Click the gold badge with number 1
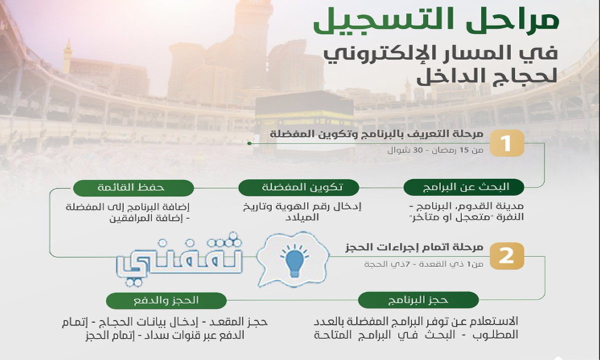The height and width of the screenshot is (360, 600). [x=507, y=143]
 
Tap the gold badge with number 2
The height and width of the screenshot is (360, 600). [x=507, y=256]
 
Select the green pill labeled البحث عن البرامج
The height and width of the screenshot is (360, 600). [x=463, y=187]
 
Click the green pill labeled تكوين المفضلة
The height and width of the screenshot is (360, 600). [x=298, y=187]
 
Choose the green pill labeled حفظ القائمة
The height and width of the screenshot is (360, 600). [x=133, y=188]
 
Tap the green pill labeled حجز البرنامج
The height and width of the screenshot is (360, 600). [x=418, y=300]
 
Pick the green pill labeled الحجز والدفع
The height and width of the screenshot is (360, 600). [x=166, y=300]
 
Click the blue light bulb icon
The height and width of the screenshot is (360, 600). [x=294, y=261]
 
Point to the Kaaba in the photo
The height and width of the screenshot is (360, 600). [x=305, y=122]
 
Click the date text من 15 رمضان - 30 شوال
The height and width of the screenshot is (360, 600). [x=435, y=150]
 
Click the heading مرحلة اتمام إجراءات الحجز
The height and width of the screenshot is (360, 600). [x=414, y=247]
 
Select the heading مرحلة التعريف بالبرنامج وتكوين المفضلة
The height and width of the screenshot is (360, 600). [x=376, y=134]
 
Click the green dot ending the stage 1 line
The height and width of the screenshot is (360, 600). [x=249, y=143]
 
